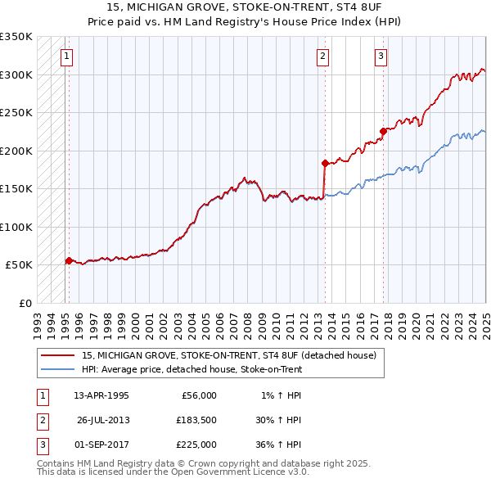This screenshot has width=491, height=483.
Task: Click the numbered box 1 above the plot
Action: [66, 56]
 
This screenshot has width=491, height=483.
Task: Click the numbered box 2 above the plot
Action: [323, 56]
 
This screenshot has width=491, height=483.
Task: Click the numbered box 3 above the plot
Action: [381, 56]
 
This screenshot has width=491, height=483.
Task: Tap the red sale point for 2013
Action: [325, 163]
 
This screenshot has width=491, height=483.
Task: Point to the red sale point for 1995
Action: [69, 260]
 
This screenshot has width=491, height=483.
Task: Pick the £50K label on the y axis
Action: [20, 264]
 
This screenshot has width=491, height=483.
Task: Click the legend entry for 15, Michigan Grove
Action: [228, 355]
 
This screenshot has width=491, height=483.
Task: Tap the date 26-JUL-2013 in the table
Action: [103, 420]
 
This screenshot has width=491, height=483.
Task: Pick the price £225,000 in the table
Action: [196, 445]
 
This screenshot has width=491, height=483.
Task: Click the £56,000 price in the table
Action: [196, 395]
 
